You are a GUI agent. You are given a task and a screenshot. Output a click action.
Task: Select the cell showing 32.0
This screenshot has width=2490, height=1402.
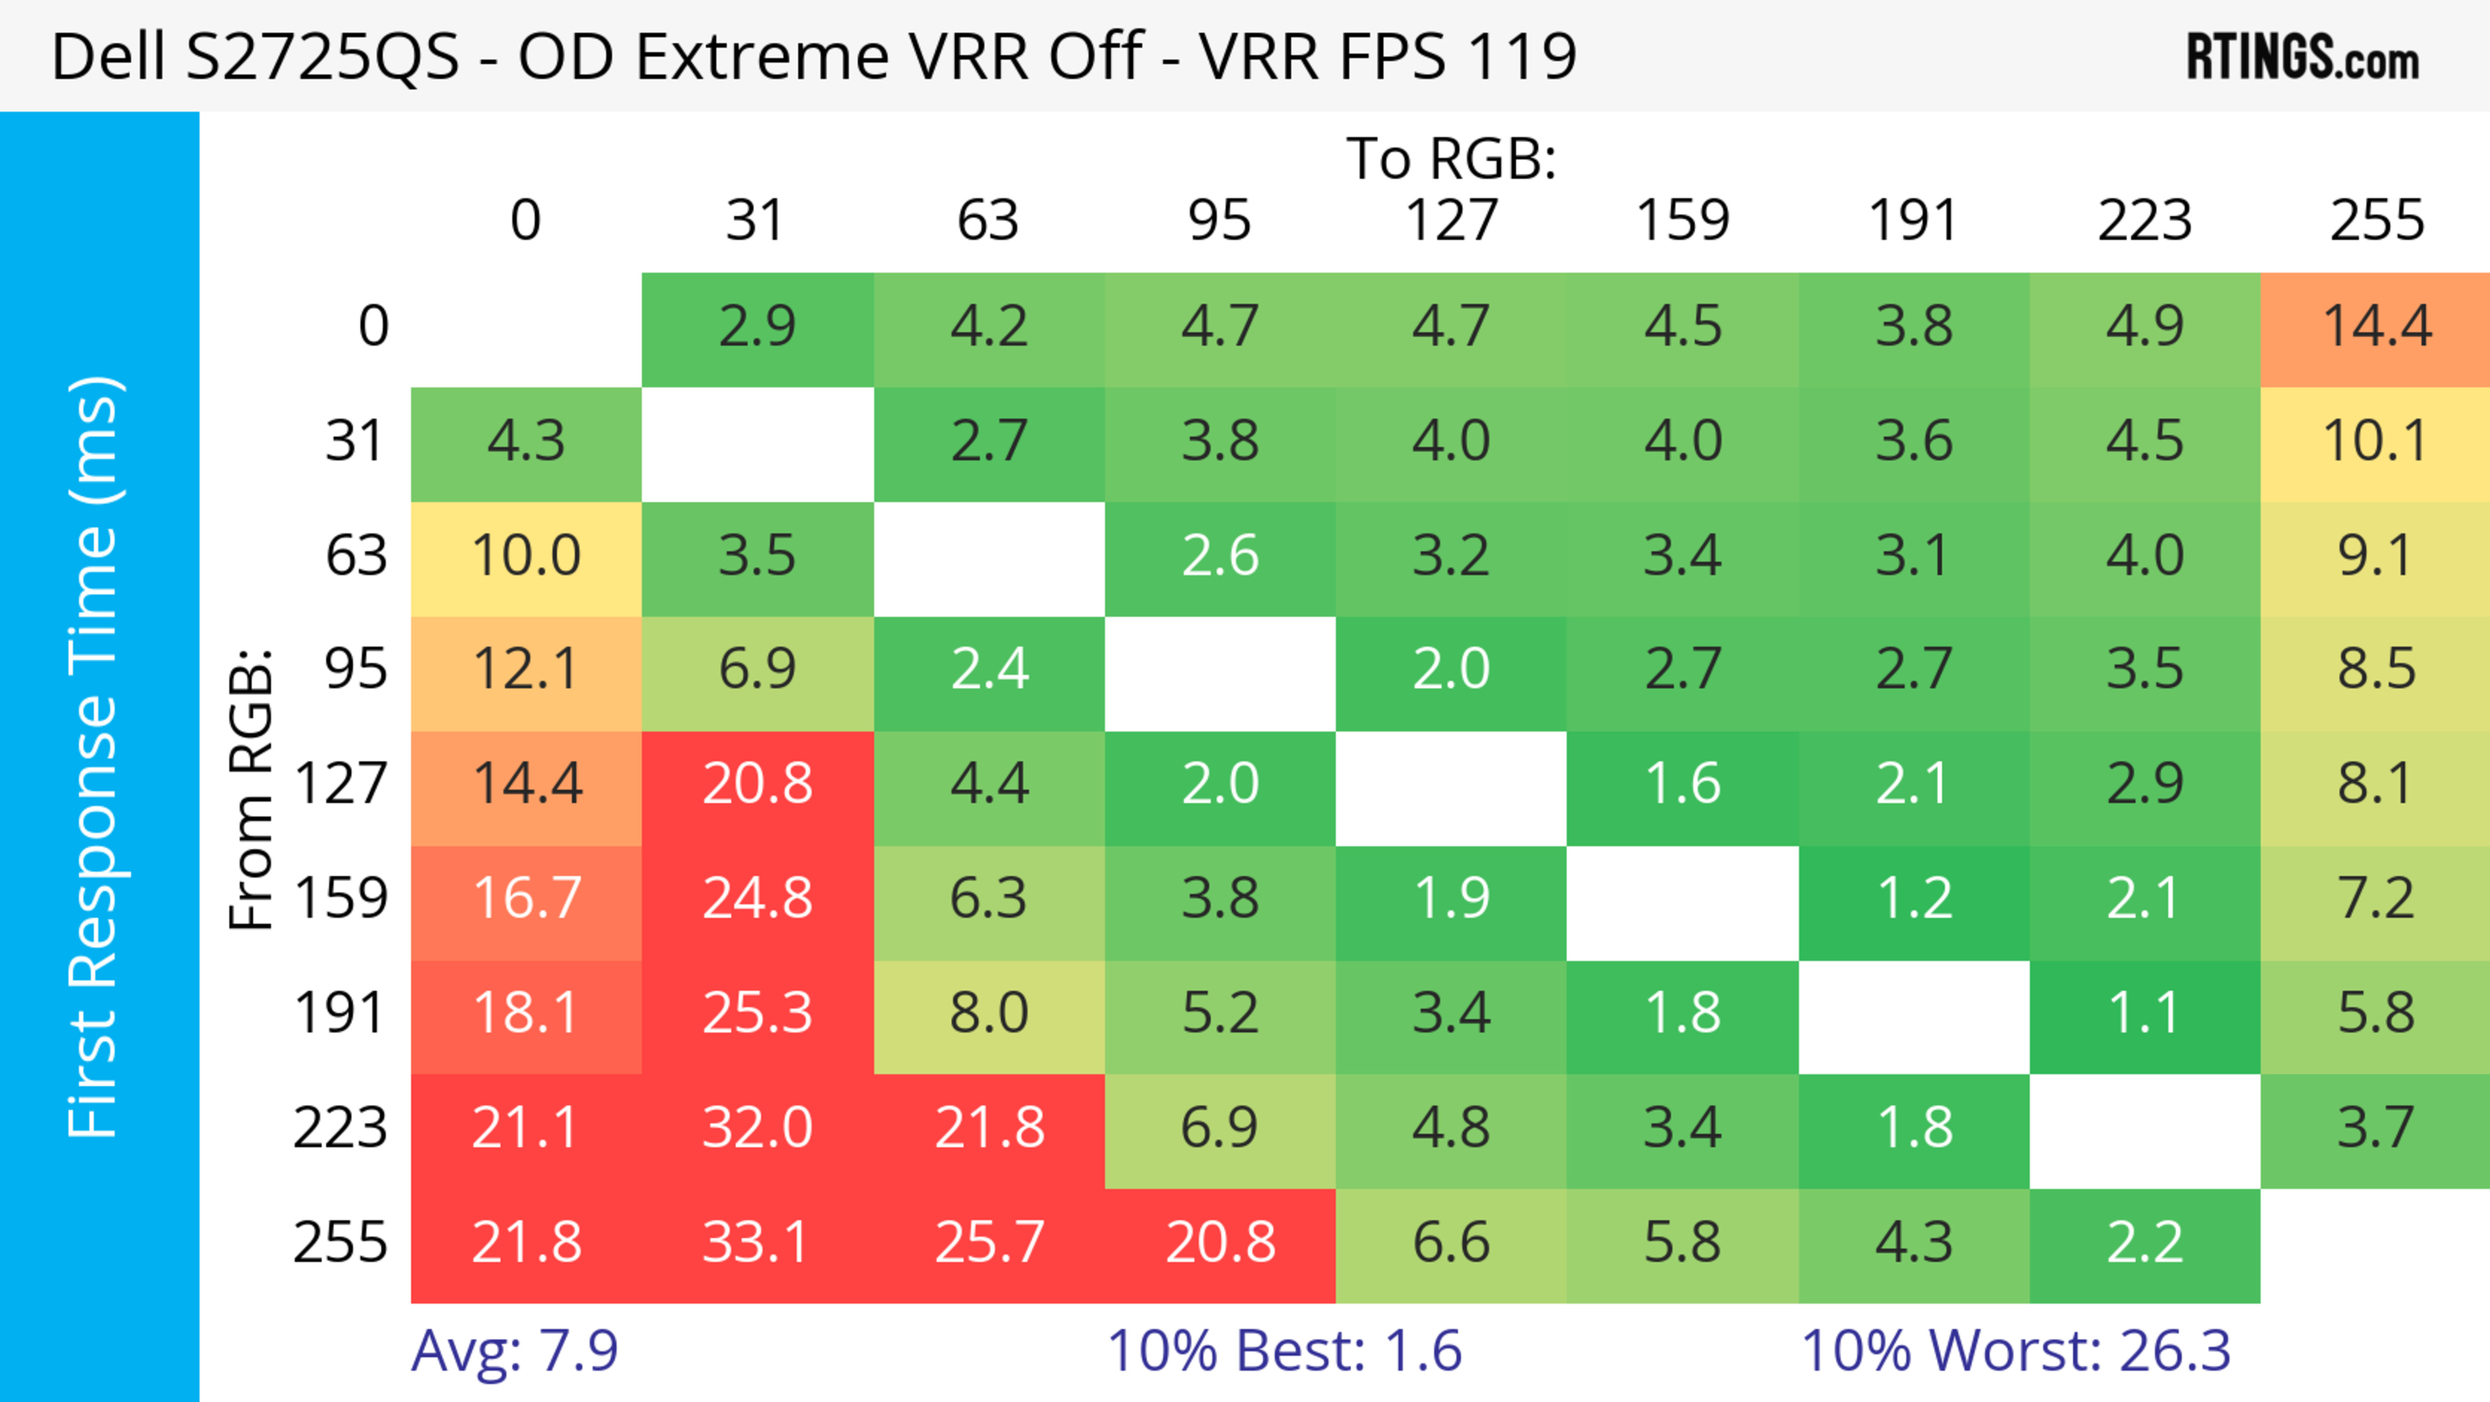[x=757, y=1128]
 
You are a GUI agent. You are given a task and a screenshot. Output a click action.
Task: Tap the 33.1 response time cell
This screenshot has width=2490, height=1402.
[x=757, y=1242]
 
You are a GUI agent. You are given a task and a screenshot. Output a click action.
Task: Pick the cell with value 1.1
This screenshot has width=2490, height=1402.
[x=2144, y=1013]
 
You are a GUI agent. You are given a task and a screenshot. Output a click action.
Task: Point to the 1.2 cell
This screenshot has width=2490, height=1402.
[x=1914, y=899]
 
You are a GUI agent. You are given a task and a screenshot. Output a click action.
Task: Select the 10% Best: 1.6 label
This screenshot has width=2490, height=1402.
[x=1284, y=1351]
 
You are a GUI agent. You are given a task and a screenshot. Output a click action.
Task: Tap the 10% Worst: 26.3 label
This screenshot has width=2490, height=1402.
[x=2015, y=1351]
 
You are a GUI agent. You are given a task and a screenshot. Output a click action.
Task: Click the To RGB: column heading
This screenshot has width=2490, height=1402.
[x=1451, y=158]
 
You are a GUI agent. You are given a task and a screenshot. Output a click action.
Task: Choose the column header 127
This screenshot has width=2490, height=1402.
[x=1451, y=221]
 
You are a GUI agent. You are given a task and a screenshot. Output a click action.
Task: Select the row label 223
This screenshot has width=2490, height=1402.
[x=340, y=1128]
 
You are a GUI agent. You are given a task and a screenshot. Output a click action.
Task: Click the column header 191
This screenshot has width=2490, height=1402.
[x=1914, y=221]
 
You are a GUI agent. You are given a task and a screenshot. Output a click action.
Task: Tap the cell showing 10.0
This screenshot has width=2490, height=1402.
[x=526, y=556]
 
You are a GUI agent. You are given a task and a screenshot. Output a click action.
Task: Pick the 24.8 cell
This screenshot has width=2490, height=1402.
[x=757, y=899]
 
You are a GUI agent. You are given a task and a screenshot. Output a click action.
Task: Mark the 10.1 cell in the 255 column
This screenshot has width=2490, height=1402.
[x=2376, y=441]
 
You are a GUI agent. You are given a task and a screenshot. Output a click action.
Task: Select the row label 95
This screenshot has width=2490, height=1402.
[x=356, y=669]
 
